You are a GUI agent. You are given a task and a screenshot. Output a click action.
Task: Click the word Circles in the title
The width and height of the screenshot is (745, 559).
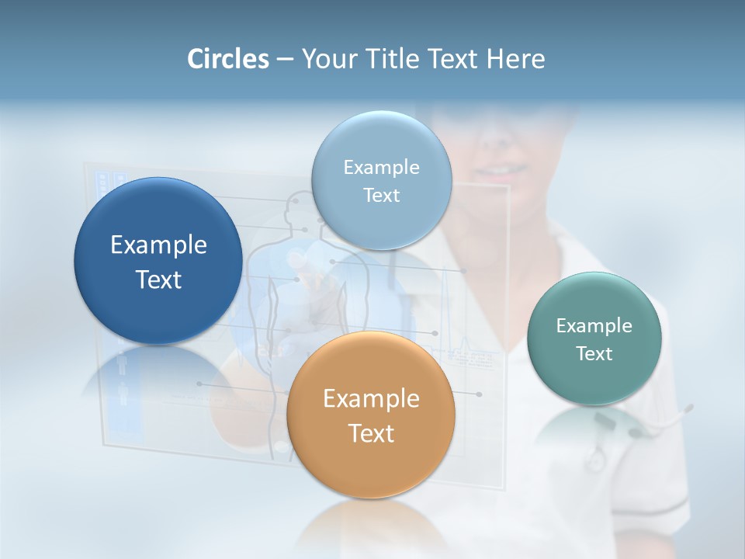tap(228, 59)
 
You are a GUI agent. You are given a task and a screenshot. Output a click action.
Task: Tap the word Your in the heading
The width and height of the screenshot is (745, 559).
tap(327, 59)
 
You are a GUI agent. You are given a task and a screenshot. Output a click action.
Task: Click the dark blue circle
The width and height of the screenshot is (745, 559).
tap(158, 262)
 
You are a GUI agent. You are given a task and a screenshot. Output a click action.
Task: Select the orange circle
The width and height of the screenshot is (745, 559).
tap(371, 415)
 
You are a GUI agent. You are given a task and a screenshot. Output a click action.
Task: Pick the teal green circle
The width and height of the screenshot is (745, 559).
tap(594, 339)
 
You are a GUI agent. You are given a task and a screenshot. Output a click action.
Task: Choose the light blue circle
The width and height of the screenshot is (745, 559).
tap(382, 180)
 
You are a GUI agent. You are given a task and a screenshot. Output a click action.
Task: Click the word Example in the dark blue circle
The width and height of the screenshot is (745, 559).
tap(158, 245)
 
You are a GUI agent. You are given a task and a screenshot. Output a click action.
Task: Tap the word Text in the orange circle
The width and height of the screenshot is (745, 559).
tap(371, 433)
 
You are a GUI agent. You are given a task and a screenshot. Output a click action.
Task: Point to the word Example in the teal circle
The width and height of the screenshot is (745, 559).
tap(594, 326)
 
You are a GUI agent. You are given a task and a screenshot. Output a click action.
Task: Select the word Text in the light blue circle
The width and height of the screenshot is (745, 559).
tap(382, 196)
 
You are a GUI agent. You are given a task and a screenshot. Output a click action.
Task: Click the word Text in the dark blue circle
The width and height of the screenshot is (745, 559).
tap(158, 279)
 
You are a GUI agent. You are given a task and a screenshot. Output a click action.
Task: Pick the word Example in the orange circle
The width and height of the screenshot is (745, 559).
tap(371, 399)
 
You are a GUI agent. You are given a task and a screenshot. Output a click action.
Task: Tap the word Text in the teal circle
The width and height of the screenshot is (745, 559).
tap(594, 354)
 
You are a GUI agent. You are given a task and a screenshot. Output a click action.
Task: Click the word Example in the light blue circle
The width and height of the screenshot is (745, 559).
tap(382, 168)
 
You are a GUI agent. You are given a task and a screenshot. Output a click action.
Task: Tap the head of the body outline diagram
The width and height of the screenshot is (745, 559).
tap(294, 206)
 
